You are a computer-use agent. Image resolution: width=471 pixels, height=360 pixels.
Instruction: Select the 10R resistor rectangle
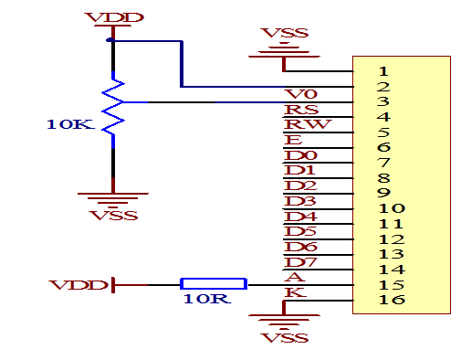213,285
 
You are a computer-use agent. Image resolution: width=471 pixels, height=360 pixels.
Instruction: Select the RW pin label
300,125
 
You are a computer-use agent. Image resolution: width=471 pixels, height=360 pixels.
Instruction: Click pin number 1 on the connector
383,70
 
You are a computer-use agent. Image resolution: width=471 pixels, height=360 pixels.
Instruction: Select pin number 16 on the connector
391,301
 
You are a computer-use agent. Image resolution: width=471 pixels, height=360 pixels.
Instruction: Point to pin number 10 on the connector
391,208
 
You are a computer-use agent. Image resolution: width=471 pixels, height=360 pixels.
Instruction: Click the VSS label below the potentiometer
114,216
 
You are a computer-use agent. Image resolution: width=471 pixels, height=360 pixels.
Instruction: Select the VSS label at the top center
284,34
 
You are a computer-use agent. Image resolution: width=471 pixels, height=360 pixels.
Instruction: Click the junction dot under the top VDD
110,40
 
